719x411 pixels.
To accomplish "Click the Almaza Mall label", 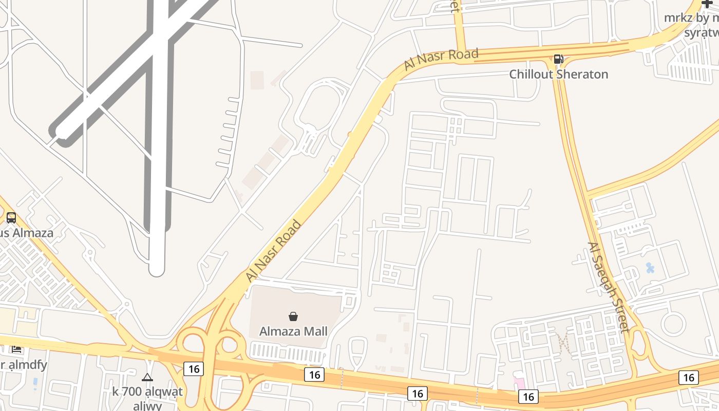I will (293, 331).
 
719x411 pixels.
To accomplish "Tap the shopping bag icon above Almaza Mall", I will (293, 316).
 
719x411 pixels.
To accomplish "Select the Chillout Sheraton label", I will (558, 74).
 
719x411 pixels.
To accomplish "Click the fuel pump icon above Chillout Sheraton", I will (558, 59).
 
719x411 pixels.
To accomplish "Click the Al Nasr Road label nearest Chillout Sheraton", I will (441, 59).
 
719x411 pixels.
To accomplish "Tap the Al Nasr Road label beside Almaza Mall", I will (273, 251).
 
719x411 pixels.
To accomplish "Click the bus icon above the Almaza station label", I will (11, 218).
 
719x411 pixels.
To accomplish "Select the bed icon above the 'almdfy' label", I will (16, 349).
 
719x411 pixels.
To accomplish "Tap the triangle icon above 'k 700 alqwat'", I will (147, 378).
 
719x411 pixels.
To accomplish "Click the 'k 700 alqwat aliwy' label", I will (147, 398).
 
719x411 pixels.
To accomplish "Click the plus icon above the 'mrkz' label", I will (707, 4).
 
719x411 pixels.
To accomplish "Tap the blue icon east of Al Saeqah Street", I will (650, 268).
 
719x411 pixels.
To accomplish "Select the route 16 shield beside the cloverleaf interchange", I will (193, 368).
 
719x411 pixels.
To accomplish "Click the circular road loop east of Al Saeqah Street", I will (673, 324).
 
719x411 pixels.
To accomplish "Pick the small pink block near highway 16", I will (520, 383).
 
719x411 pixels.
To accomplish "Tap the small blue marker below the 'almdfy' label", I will (35, 382).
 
